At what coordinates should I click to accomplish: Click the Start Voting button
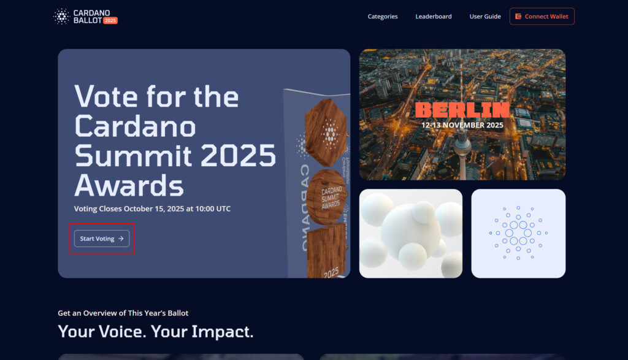tap(102, 239)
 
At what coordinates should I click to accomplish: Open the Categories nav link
tap(383, 17)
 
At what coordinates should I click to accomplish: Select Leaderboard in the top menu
tap(434, 17)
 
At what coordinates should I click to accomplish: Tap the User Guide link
tap(485, 17)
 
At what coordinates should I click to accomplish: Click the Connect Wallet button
tap(542, 17)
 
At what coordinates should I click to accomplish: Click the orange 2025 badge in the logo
tap(110, 20)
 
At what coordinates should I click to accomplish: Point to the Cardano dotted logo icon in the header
tap(62, 17)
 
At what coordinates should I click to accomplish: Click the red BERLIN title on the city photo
tap(462, 110)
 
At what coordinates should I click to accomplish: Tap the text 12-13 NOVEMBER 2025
tap(462, 125)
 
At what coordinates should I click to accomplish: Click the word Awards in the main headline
tap(129, 185)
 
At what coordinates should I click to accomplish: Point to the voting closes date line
tap(152, 209)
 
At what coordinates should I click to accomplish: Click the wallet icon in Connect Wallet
tap(518, 17)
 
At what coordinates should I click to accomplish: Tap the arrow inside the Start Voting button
tap(121, 239)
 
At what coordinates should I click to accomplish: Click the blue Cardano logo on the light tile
tap(518, 232)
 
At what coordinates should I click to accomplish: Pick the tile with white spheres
tap(410, 234)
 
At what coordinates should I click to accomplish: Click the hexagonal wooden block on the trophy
tap(326, 132)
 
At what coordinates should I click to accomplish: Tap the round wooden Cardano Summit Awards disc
tap(327, 197)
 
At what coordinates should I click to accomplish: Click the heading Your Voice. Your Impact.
tap(156, 332)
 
